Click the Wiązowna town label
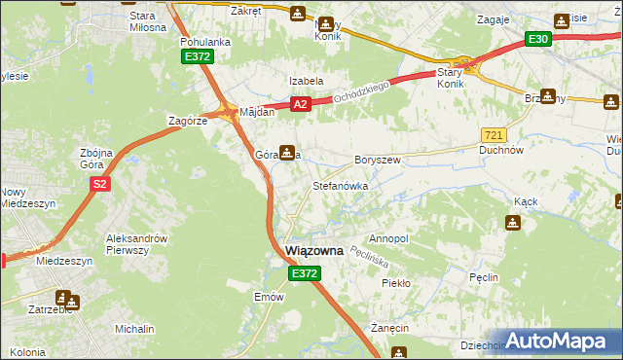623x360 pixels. pyautogui.click(x=314, y=250)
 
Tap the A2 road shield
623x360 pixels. pyautogui.click(x=300, y=104)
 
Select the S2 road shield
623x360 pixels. pyautogui.click(x=98, y=183)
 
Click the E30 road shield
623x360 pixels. pyautogui.click(x=538, y=38)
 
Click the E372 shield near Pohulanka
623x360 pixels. pyautogui.click(x=198, y=57)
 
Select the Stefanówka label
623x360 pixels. pyautogui.click(x=340, y=185)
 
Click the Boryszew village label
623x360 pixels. pyautogui.click(x=378, y=160)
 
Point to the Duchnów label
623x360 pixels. pyautogui.click(x=502, y=151)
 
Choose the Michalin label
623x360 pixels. pyautogui.click(x=134, y=330)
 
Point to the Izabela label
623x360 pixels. pyautogui.click(x=305, y=81)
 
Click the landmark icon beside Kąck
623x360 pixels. pyautogui.click(x=512, y=224)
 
